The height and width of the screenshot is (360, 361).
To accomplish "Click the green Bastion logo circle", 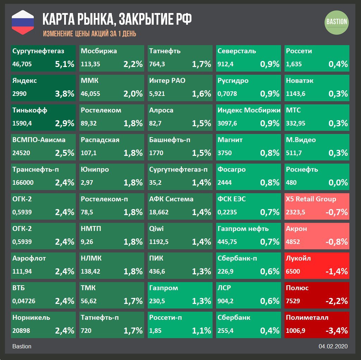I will pos(336,22).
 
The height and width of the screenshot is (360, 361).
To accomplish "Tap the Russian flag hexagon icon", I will pos(23,22).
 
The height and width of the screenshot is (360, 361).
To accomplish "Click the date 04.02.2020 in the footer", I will pos(333,346).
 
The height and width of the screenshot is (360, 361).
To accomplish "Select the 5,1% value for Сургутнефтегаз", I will pos(65,64).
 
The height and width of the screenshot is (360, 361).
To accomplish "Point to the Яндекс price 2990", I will pos(19,94).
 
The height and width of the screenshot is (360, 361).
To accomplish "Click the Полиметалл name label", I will pos(307,317).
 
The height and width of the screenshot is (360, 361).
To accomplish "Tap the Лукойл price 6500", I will pos(294,271).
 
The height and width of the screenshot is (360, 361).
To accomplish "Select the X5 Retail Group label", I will pos(311,199).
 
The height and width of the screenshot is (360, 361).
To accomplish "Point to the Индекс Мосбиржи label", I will pos(249,110).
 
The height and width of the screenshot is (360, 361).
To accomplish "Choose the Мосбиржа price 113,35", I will pos(91,64).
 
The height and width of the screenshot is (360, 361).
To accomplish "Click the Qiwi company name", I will pos(157,228).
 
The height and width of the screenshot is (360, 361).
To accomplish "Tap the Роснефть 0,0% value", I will pos(338,183).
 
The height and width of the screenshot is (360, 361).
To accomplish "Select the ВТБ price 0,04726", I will pos(24,301).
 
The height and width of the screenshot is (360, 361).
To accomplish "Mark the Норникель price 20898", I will pos(21,331).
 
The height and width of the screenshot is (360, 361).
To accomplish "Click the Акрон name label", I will pos(296,228).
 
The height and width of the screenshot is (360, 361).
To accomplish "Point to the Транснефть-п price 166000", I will pos(23,183).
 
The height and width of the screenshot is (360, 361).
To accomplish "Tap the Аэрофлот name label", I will pos(29,258).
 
